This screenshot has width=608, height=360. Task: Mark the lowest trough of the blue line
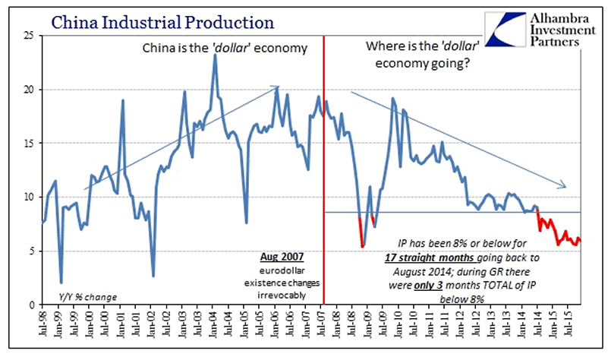[x=61, y=283]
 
